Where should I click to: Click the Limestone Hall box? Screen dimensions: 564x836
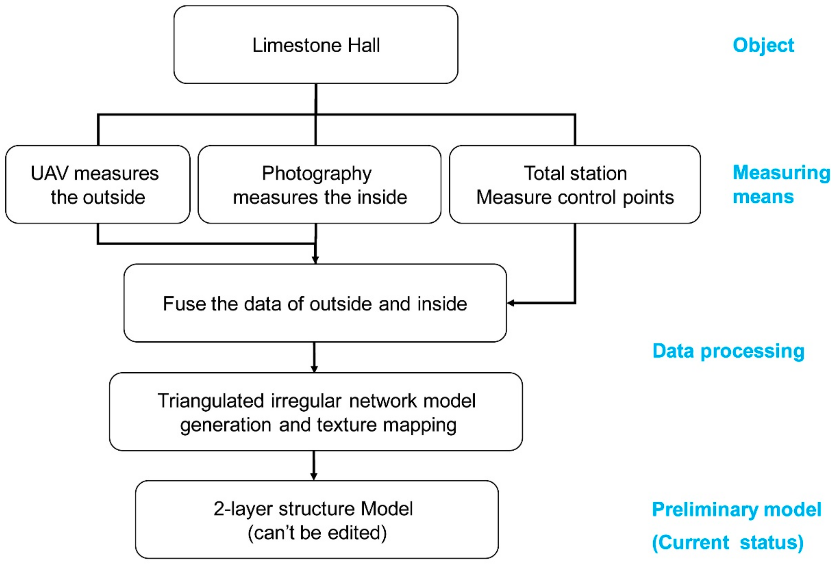316,45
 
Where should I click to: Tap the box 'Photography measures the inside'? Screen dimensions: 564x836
319,184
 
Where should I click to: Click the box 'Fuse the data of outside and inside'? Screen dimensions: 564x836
315,303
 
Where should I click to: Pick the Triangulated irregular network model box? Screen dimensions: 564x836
316,412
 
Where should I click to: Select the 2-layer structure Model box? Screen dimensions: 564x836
317,520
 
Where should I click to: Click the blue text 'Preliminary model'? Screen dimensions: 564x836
736,510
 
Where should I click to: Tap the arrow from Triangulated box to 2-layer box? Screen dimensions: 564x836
314,466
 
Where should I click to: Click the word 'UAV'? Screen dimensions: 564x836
49,173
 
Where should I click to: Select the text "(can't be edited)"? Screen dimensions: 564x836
317,533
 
